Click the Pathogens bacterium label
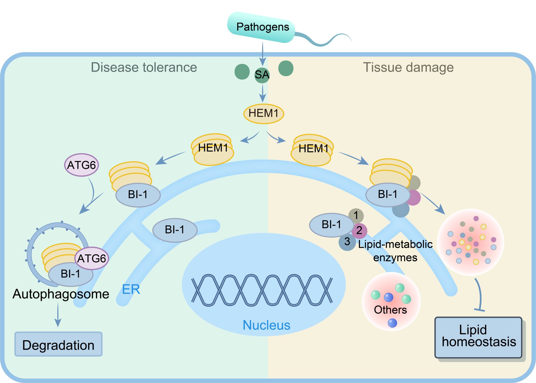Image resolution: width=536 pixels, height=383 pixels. pyautogui.click(x=263, y=27)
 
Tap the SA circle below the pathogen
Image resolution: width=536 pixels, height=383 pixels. pyautogui.click(x=262, y=75)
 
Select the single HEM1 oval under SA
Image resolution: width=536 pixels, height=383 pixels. pyautogui.click(x=264, y=114)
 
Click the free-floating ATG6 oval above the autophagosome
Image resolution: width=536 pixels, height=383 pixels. pyautogui.click(x=81, y=165)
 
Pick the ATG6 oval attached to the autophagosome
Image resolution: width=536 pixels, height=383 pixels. pyautogui.click(x=92, y=258)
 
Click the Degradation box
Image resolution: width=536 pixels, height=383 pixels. pyautogui.click(x=58, y=344)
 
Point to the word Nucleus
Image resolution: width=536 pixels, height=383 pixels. pyautogui.click(x=266, y=325)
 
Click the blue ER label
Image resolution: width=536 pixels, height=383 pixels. pyautogui.click(x=131, y=289)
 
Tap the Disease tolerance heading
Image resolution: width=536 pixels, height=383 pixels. pyautogui.click(x=144, y=67)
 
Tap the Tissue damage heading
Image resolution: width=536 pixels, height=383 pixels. pyautogui.click(x=408, y=67)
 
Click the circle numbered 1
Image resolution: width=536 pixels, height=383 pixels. pyautogui.click(x=356, y=216)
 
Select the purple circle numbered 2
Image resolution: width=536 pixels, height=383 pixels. pyautogui.click(x=360, y=231)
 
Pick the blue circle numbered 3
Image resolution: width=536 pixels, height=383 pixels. pyautogui.click(x=347, y=242)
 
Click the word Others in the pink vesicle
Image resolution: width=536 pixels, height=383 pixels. pyautogui.click(x=390, y=310)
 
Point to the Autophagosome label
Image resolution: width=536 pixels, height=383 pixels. pyautogui.click(x=61, y=294)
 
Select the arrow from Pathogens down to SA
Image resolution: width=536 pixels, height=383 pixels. pyautogui.click(x=263, y=53)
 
